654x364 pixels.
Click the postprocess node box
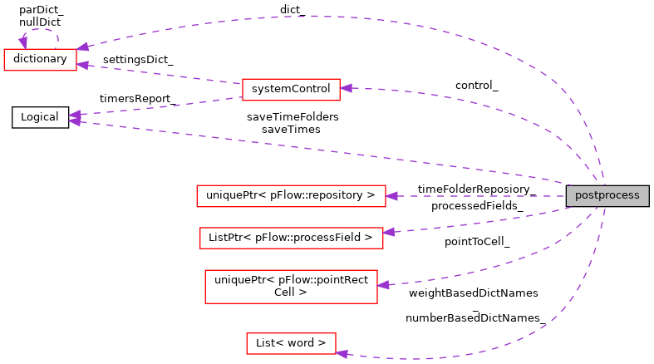point(607,196)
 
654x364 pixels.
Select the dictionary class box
point(40,60)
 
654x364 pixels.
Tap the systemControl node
point(290,88)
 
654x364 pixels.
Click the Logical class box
point(40,117)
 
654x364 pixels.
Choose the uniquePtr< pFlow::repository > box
point(290,196)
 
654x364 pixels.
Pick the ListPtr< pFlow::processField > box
point(290,237)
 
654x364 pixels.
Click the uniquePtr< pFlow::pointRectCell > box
point(290,286)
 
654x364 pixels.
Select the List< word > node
point(290,343)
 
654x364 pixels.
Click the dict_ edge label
point(292,10)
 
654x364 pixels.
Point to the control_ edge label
point(476,86)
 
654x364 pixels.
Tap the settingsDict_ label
point(138,61)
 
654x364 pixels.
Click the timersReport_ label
point(137,98)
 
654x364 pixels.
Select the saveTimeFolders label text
point(293,117)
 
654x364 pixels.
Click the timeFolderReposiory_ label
point(475,189)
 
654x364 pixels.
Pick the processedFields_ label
point(476,205)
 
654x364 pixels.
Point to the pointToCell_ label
point(477,242)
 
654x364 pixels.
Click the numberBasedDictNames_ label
point(475,317)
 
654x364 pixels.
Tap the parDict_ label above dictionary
point(40,9)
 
